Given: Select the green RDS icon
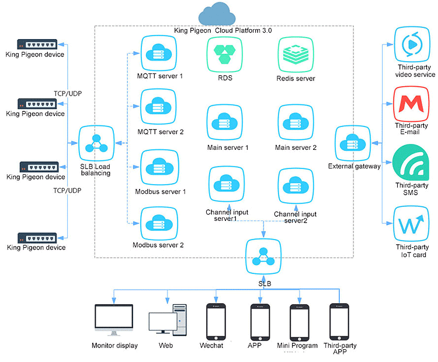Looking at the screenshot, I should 224,54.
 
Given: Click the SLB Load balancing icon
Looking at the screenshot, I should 95,142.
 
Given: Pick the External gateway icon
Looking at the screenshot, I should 353,143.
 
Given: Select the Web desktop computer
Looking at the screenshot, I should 168,321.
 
